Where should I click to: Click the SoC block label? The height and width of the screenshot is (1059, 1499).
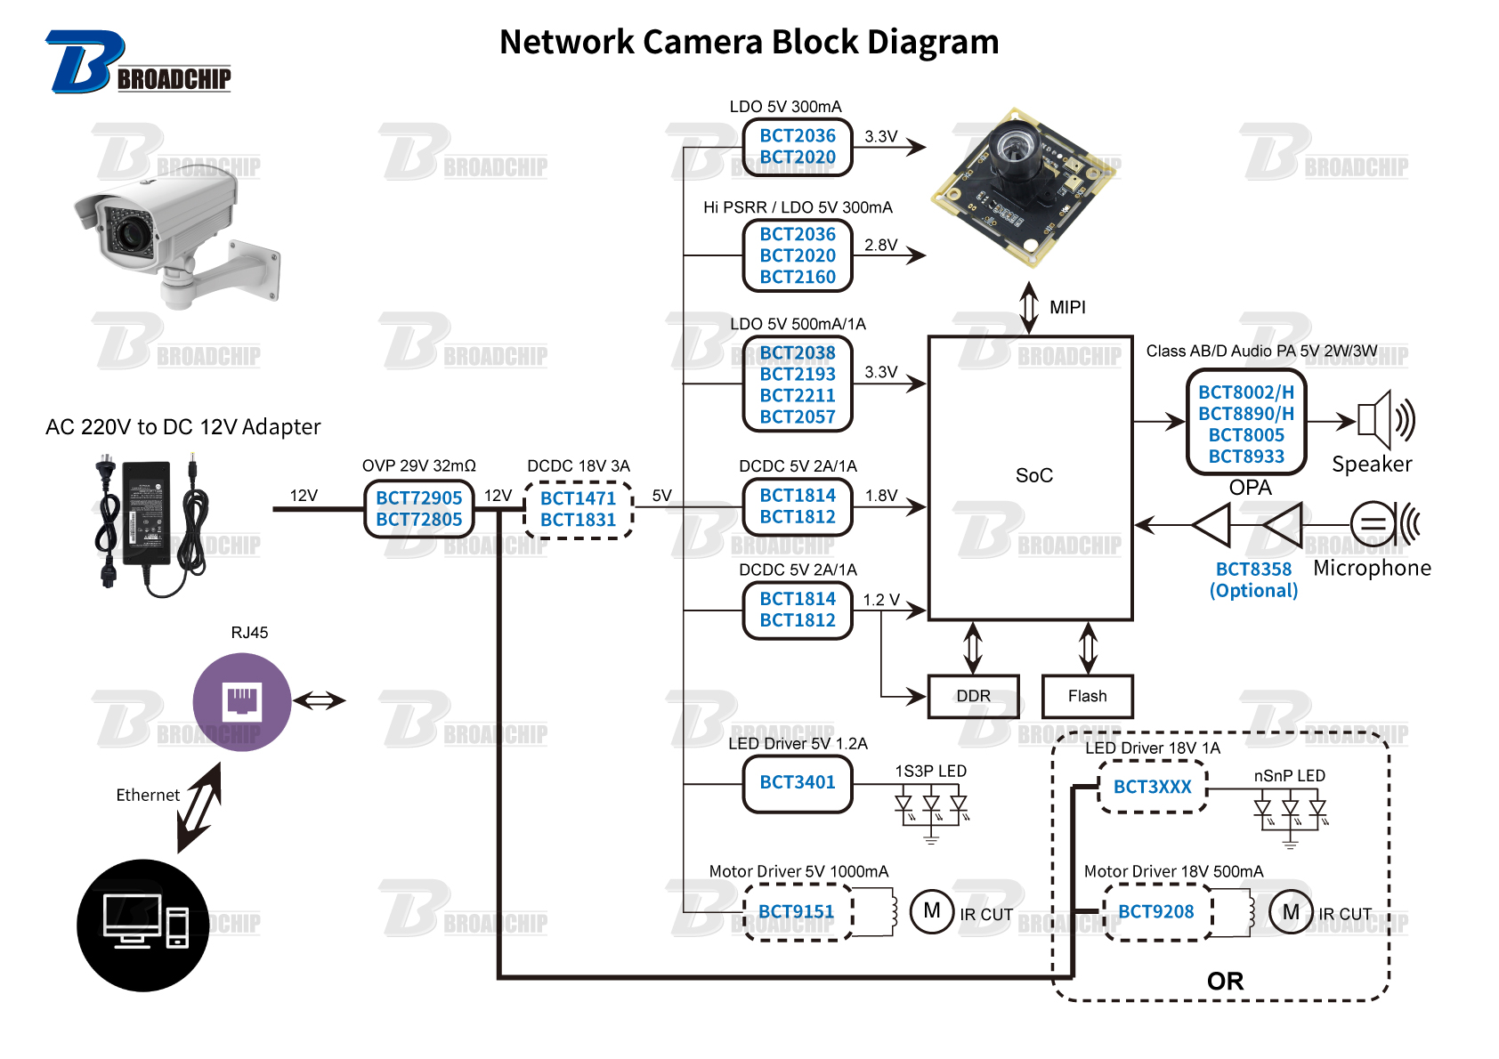pos(1033,475)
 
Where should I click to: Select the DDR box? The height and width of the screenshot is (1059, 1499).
pos(973,696)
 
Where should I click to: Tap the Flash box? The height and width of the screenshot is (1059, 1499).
pos(1087,696)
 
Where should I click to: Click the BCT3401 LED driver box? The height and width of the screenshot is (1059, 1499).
pos(798,782)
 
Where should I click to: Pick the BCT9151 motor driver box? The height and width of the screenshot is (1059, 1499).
pos(797,911)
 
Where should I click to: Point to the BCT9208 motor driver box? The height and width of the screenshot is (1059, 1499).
pos(1155,911)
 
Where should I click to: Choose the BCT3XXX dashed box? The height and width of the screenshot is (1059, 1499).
pos(1152,787)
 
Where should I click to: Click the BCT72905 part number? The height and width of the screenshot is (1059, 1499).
pos(418,498)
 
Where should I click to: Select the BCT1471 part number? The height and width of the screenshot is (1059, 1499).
pos(578,498)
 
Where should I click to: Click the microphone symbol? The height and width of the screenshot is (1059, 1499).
pos(1382,523)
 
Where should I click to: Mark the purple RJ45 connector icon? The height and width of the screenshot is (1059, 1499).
pos(242,701)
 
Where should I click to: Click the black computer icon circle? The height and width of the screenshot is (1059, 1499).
pos(143,925)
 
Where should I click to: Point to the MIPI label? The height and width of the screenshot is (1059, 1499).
pos(1067,307)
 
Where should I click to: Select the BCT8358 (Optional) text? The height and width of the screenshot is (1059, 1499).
pos(1253,579)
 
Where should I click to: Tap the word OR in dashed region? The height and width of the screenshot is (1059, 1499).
pos(1225,981)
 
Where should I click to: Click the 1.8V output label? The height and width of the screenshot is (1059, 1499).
pos(881,496)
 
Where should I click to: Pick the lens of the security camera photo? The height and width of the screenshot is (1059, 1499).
pos(131,234)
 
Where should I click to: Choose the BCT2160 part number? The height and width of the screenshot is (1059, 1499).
pos(798,277)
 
